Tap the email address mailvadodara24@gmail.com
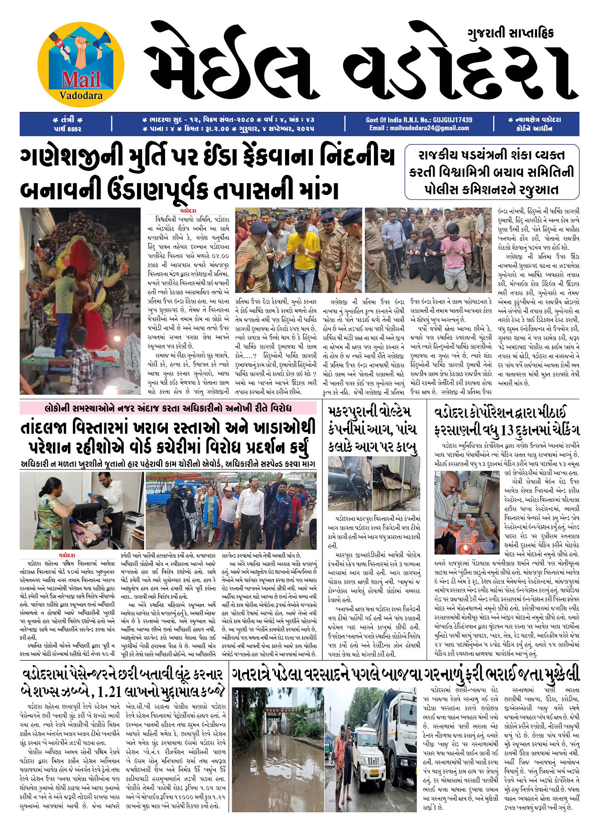tap(419, 128)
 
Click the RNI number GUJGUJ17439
tap(452, 120)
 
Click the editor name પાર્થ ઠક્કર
tap(66, 128)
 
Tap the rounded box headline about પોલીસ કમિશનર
tap(492, 172)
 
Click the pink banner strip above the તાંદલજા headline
tap(168, 408)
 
